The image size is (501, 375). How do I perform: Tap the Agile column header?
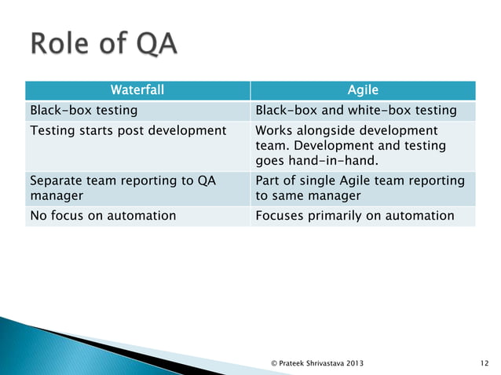point(363,90)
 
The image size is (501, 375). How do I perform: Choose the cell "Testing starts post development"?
point(126,129)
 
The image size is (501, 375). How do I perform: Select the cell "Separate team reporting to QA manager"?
point(122,188)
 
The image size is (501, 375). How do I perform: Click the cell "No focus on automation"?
point(102,216)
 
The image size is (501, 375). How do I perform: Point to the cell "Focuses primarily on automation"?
point(355,216)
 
